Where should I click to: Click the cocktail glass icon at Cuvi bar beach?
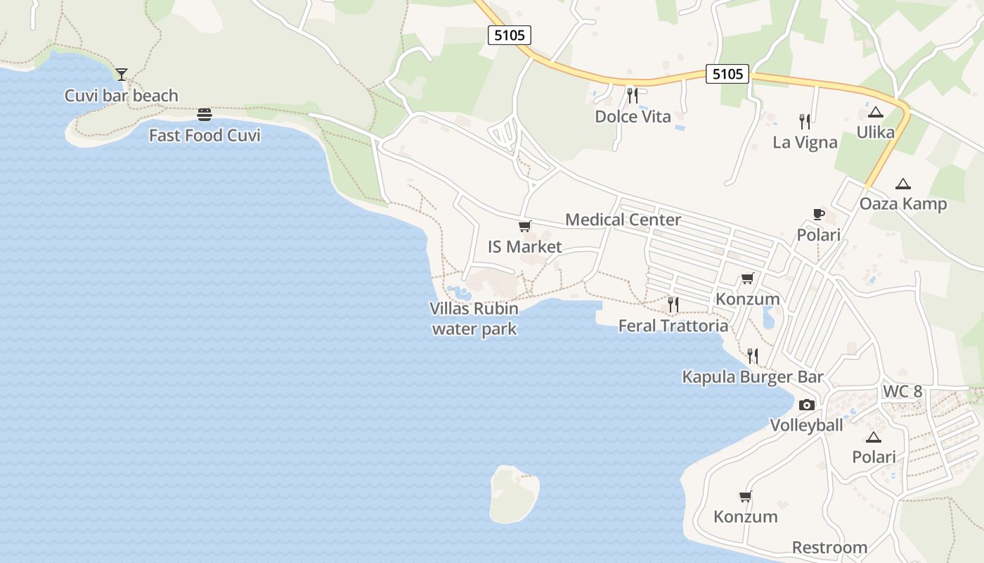tap(122, 74)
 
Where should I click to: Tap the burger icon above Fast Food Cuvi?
tap(205, 114)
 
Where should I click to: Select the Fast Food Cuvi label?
tap(205, 135)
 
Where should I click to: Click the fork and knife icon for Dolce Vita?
tap(633, 95)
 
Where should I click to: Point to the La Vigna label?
tap(805, 142)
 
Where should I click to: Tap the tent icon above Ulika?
tap(875, 112)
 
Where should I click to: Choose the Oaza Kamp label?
tap(903, 204)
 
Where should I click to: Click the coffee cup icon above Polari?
tap(818, 214)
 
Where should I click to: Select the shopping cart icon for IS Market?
tap(524, 226)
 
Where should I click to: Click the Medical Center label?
tap(623, 220)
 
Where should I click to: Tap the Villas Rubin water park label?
tap(474, 319)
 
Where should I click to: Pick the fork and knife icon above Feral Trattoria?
tap(673, 304)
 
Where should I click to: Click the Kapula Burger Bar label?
tap(752, 377)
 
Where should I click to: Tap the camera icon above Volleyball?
tap(807, 405)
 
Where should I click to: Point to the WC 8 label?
tap(902, 392)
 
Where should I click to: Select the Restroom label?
tap(829, 548)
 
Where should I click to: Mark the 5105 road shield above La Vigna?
tap(727, 74)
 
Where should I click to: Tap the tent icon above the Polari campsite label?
tap(874, 437)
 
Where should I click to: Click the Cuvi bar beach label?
tap(122, 96)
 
